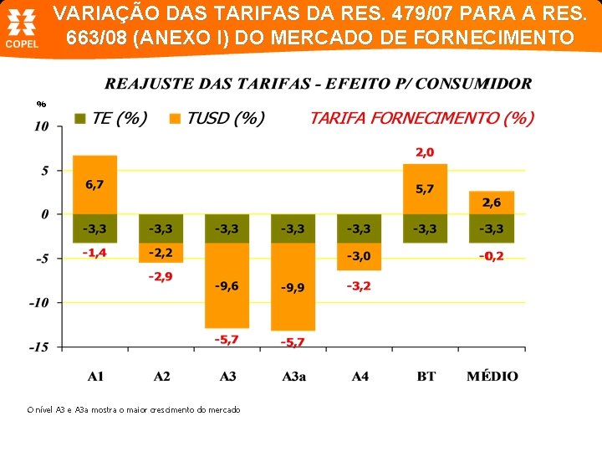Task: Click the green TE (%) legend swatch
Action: (80, 119)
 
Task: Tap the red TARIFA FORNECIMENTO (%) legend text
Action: (421, 118)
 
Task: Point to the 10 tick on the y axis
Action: (41, 127)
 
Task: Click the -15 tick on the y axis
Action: (39, 347)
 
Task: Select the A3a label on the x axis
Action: (293, 377)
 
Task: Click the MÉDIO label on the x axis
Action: (492, 377)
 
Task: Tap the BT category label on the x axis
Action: (426, 377)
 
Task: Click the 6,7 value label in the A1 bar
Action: (94, 184)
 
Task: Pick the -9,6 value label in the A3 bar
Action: (227, 286)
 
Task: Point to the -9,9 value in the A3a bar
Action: (293, 288)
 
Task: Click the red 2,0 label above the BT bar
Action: (425, 152)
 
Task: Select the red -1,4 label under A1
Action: (94, 252)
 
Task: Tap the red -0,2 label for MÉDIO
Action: (492, 256)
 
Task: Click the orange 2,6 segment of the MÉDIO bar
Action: (492, 203)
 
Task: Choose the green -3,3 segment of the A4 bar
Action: (359, 228)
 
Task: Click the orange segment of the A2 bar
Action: (161, 252)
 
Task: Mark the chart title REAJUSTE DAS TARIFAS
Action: (318, 84)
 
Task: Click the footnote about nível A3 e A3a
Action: (134, 409)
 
